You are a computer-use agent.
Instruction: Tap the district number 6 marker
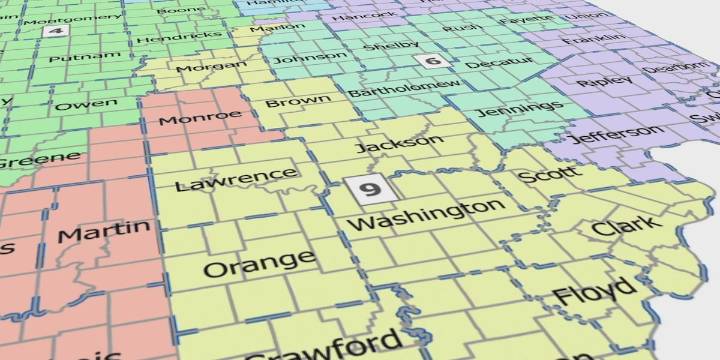coord(432,61)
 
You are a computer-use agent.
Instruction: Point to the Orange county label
coord(259,263)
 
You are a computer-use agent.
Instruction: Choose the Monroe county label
coord(200,117)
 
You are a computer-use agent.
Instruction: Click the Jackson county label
coord(398,145)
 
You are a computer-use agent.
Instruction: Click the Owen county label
coord(78,104)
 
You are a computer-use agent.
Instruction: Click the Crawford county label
coord(324,346)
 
